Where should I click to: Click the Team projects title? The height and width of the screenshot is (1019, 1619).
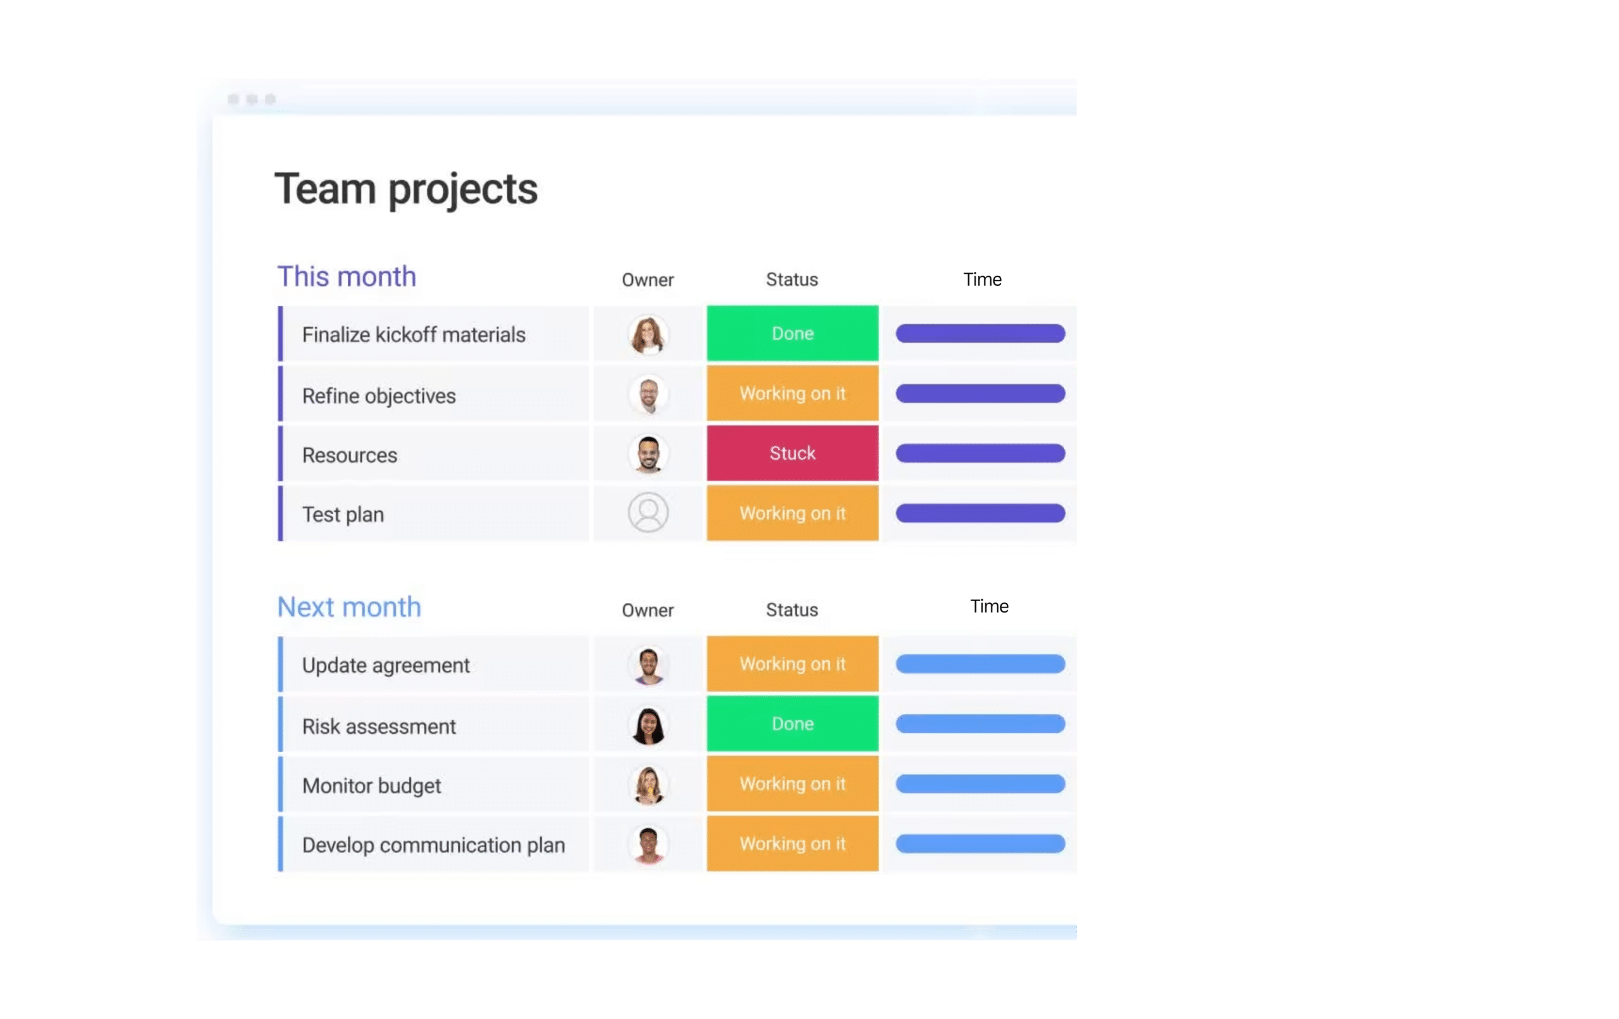pos(406,190)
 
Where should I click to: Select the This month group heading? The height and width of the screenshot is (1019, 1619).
pos(347,276)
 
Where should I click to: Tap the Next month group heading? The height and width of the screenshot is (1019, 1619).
pos(349,607)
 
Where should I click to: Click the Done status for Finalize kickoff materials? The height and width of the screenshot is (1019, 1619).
pos(792,333)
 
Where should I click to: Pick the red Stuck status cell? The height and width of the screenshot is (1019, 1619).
pos(792,453)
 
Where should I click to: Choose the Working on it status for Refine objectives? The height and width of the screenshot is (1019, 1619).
pos(792,393)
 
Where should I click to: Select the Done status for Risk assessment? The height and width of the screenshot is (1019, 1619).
pos(792,724)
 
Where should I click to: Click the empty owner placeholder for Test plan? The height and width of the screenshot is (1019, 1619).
pos(648,513)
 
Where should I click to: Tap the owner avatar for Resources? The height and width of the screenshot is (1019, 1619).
pos(648,454)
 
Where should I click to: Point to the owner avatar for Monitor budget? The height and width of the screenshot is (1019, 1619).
pos(648,784)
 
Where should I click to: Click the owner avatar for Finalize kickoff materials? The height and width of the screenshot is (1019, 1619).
pos(648,334)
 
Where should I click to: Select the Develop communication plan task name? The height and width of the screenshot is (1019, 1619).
pos(433,845)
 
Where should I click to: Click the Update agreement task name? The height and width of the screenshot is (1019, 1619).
pos(385,666)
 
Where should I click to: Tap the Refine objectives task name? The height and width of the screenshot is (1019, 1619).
pos(379,396)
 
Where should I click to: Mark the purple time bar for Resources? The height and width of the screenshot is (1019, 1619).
pos(980,453)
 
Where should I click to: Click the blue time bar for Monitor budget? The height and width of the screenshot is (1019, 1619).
pos(980,784)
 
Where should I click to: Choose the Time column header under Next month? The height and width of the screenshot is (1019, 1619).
pos(989,606)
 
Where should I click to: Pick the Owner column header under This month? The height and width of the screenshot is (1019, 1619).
pos(648,279)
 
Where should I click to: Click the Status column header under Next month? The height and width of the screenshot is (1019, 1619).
pos(792,609)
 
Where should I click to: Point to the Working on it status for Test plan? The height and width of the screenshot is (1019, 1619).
pos(792,513)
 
